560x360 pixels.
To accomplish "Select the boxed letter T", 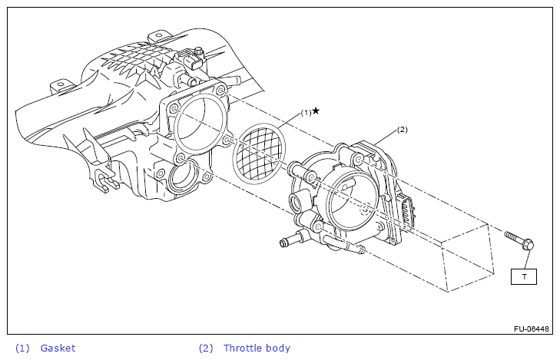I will click(524, 276).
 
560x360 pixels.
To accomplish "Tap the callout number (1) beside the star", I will click(305, 112).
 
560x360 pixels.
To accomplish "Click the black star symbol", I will click(315, 111).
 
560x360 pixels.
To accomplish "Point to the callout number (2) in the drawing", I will click(402, 130).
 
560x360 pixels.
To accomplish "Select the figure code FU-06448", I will click(532, 329).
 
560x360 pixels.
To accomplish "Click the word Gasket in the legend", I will click(58, 348).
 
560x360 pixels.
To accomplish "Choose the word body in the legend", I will click(277, 348).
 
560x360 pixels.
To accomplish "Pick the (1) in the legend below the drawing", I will click(22, 348).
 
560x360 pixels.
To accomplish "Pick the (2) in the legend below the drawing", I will click(206, 348).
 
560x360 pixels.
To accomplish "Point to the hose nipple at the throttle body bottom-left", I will click(287, 243).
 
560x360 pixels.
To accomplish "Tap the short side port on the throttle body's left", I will click(296, 204).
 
